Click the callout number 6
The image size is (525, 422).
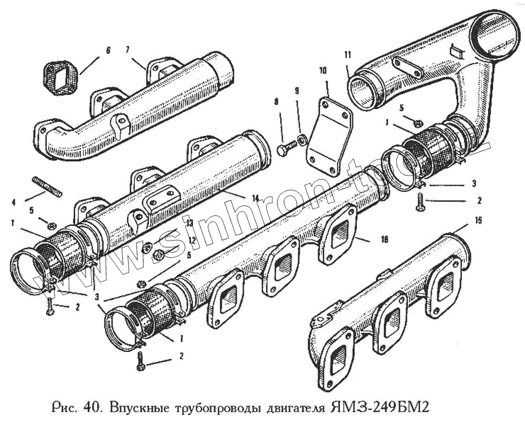[108, 51]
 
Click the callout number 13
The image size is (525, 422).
[189, 223]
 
